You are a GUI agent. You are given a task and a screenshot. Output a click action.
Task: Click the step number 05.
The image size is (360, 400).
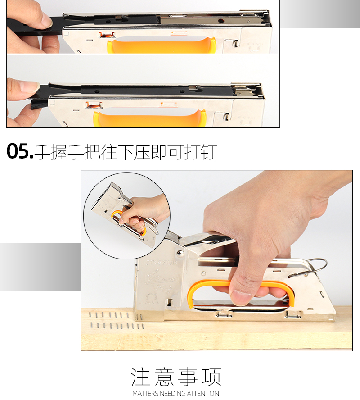[x=20, y=151]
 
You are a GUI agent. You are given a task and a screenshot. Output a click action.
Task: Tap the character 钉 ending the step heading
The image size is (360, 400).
[x=208, y=152]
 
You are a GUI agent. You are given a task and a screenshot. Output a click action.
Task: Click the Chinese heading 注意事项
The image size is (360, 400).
[x=176, y=377]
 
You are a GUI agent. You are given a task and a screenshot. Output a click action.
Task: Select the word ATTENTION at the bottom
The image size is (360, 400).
[x=203, y=394]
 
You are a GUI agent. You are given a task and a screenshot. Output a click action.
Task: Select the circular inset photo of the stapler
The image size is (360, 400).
[x=127, y=216]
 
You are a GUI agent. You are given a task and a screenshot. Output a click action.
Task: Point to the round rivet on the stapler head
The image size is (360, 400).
[x=180, y=253]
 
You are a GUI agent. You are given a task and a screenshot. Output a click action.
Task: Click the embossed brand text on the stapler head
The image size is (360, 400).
[x=161, y=263]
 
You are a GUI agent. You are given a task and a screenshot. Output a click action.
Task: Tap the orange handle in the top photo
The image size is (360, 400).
[x=161, y=45]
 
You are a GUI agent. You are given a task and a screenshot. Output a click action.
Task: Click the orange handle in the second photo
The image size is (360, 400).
[x=150, y=118]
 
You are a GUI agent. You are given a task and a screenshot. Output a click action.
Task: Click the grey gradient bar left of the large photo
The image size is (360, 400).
[x=40, y=267]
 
